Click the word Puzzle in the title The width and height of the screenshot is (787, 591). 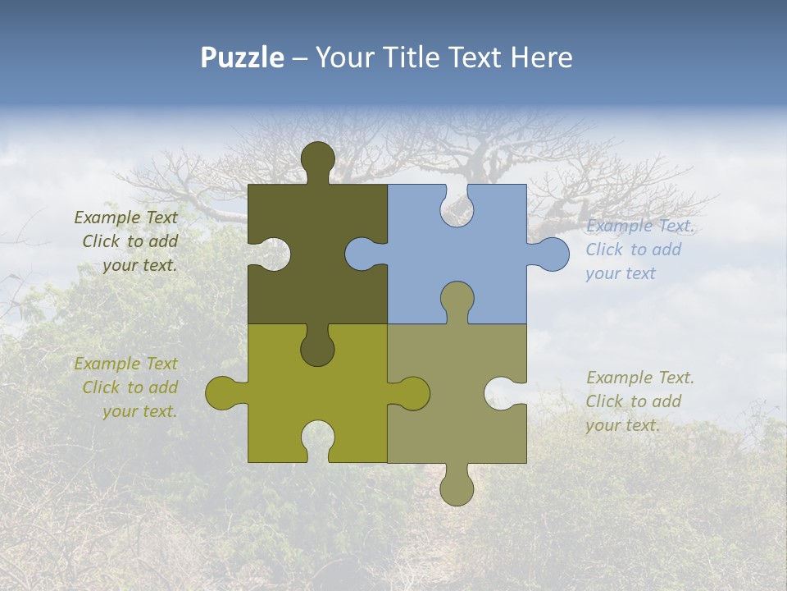tap(243, 57)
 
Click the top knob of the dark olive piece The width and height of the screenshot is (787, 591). tap(317, 159)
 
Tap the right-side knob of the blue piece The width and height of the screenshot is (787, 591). tap(551, 254)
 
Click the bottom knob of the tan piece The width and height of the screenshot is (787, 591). tap(457, 488)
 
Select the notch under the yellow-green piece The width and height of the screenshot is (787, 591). tap(317, 440)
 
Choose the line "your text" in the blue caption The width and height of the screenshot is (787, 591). tap(621, 273)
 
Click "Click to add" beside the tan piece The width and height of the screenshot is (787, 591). tap(633, 401)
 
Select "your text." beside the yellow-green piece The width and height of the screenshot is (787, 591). tap(139, 411)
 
